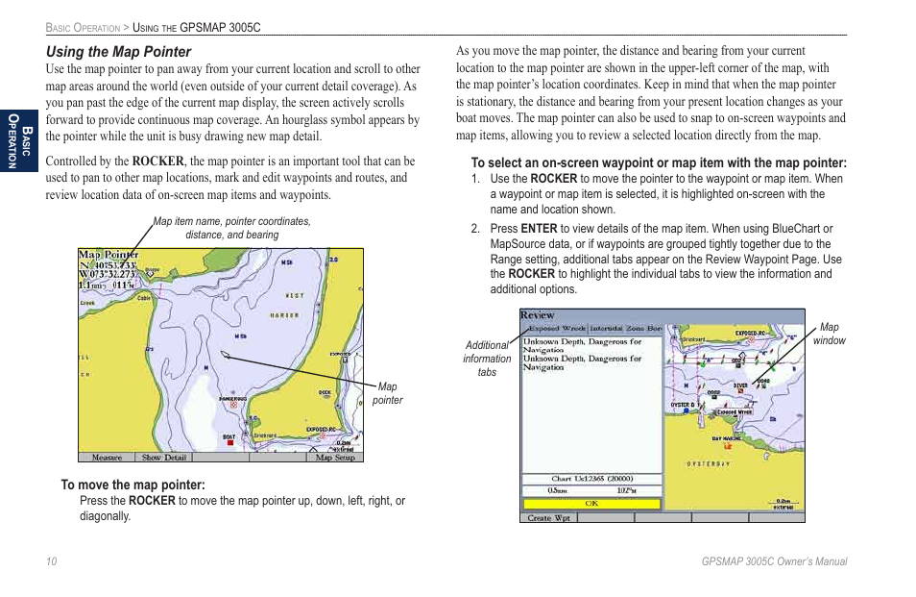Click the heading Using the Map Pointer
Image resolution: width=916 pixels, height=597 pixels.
(119, 52)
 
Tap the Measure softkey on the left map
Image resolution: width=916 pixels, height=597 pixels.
(107, 458)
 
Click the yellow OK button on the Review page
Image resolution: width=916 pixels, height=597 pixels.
(591, 503)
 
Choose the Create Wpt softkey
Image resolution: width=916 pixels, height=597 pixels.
(548, 517)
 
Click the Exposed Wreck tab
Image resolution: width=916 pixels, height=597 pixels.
(557, 329)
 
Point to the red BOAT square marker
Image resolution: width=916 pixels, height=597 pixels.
(229, 443)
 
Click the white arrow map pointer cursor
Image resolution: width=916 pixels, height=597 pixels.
(223, 354)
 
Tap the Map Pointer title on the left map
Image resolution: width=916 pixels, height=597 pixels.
(108, 256)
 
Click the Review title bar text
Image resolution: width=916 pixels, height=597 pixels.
(538, 315)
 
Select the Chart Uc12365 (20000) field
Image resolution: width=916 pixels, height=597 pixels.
(591, 478)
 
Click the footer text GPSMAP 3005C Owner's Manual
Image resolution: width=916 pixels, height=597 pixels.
(774, 561)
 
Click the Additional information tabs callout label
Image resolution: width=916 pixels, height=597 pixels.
(487, 359)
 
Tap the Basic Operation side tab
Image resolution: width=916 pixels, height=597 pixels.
(18, 138)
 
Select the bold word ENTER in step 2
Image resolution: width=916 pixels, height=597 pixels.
(539, 229)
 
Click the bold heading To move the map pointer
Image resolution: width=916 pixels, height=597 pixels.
(133, 485)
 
